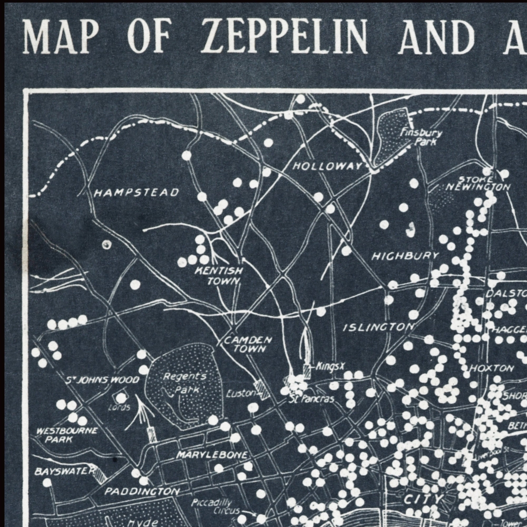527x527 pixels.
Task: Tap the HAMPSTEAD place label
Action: click(x=136, y=193)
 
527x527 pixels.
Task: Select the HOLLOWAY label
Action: click(x=327, y=166)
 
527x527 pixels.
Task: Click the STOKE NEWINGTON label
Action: click(x=479, y=184)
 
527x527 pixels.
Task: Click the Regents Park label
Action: click(x=185, y=383)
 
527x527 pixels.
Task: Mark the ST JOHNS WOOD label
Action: click(x=103, y=380)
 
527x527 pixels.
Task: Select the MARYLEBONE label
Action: click(x=212, y=455)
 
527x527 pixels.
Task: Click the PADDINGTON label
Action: click(x=142, y=492)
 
